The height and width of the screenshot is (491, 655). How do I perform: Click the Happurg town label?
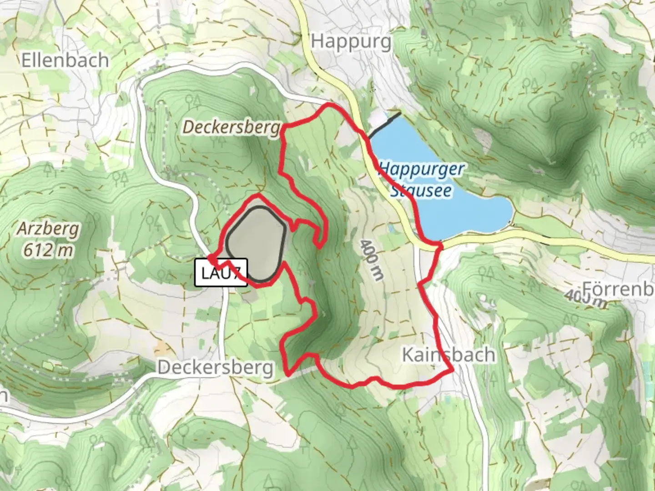point(351,41)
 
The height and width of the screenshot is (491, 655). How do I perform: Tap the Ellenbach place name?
point(65,60)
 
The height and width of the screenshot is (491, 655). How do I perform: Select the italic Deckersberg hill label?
point(231,128)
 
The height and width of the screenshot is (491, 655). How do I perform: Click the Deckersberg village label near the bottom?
point(216,368)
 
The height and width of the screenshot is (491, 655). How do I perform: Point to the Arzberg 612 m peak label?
point(48,239)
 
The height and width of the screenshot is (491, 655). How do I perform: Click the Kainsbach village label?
point(448,355)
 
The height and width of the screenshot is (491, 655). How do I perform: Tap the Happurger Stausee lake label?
point(421,180)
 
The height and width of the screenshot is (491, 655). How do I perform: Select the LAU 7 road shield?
point(221,273)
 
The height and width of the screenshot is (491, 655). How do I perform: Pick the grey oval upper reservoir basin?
point(256,243)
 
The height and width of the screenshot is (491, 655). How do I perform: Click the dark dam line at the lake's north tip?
point(385,125)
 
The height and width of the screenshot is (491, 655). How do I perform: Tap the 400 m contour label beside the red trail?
point(372,260)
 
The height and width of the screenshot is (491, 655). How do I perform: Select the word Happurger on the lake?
point(422,170)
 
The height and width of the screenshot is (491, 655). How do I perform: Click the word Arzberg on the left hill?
point(48,229)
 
